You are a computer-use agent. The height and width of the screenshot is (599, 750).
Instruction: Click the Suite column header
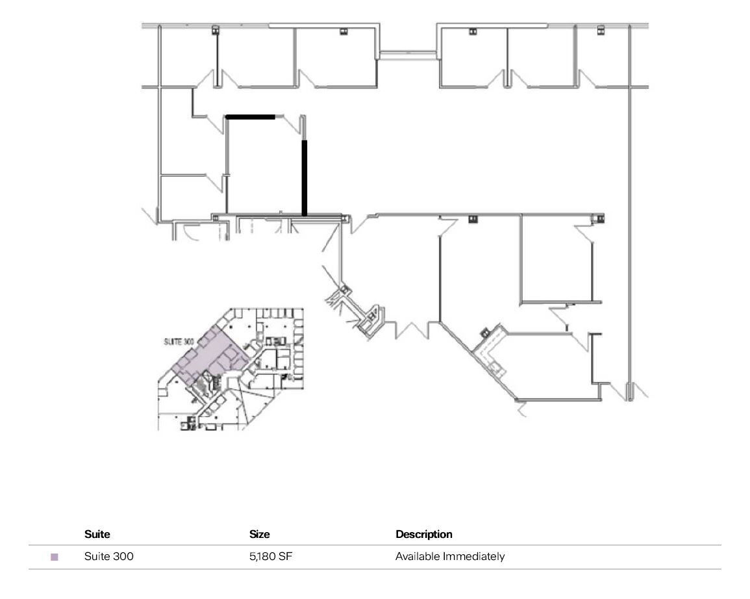point(97,535)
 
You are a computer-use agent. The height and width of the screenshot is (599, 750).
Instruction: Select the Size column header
point(259,535)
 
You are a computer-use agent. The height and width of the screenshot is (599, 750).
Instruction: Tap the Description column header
point(423,535)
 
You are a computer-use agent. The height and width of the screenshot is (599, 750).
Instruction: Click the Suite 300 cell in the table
point(109,557)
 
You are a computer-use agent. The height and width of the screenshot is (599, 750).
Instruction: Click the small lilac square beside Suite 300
point(55,557)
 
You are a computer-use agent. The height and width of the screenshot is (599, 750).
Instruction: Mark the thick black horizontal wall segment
point(251,117)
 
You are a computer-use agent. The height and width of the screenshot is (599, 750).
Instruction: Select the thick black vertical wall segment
point(304,177)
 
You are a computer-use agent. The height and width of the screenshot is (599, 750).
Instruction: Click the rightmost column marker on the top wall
point(601,29)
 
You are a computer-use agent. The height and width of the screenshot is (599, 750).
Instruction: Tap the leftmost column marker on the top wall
point(215,29)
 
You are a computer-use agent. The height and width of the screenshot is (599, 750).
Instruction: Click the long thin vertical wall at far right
point(628,214)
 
